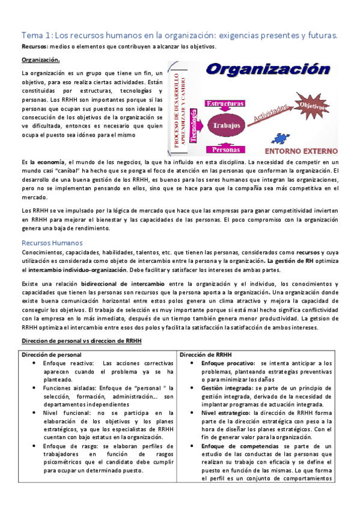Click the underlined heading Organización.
click(41, 60)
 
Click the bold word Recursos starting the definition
click(35, 46)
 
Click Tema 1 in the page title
click(38, 34)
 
